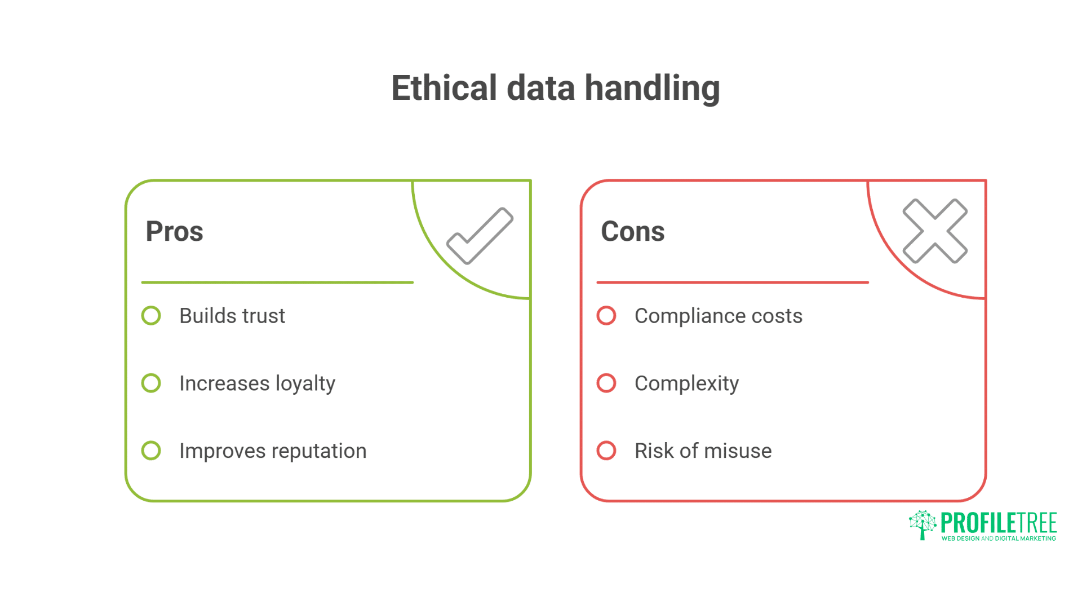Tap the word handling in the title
click(x=652, y=89)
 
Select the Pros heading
click(x=174, y=231)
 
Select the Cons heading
click(x=632, y=231)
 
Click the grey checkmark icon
click(x=480, y=236)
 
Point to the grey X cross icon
click(x=935, y=231)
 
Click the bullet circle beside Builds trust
click(x=151, y=316)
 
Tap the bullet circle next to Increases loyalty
click(x=151, y=383)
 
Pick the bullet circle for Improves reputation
click(x=151, y=451)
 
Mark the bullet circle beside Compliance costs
click(x=606, y=316)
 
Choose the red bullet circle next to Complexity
click(x=606, y=383)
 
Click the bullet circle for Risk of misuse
click(x=606, y=451)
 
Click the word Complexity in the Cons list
click(x=686, y=384)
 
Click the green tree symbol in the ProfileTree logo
click(x=923, y=524)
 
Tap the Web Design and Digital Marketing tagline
click(x=999, y=539)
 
